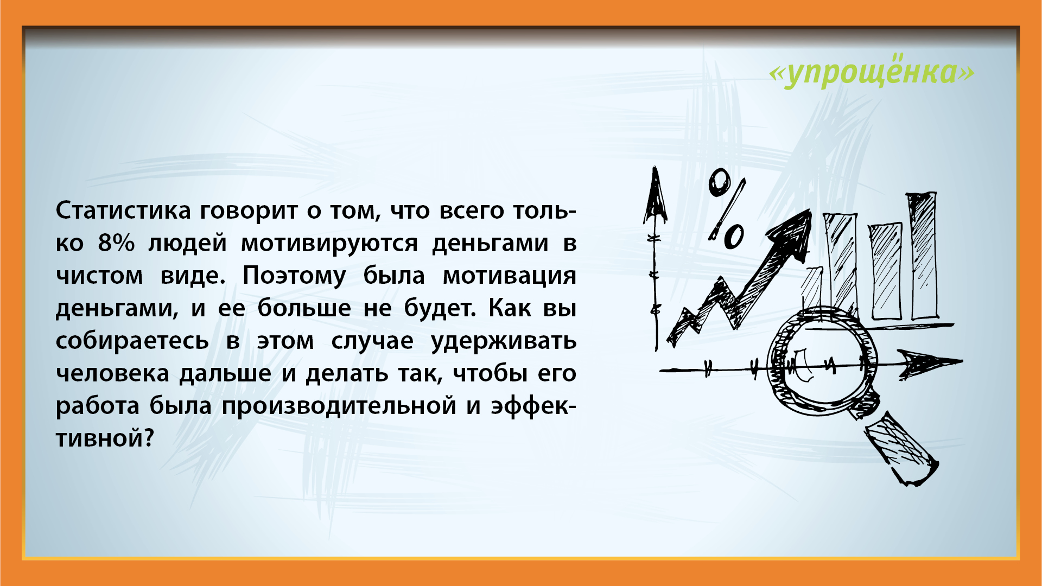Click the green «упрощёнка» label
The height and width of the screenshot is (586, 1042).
[872, 72]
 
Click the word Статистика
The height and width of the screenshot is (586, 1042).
[123, 211]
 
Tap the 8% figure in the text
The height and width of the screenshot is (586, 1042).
[116, 243]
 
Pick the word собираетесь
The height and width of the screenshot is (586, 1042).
[132, 341]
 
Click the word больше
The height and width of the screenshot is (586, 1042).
[304, 308]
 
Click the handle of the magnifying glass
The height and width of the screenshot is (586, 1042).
[901, 448]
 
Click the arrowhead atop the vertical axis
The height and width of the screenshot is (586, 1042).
[656, 195]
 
